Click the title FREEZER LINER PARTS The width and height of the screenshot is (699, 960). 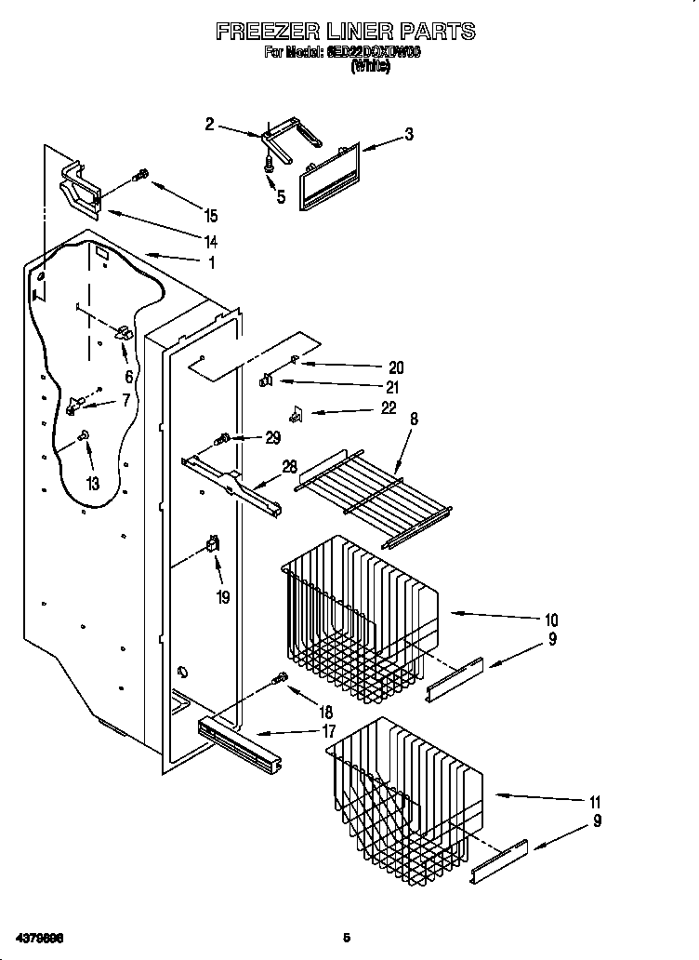(x=346, y=32)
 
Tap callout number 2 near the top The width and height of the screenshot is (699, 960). (x=210, y=124)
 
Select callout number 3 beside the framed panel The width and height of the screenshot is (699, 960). (x=408, y=135)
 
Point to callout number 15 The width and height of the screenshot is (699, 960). (x=211, y=217)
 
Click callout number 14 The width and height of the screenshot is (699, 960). (x=211, y=241)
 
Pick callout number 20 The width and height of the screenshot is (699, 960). (x=397, y=367)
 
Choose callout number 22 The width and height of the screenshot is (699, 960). (x=389, y=407)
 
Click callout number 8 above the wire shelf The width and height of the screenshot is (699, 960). (x=414, y=420)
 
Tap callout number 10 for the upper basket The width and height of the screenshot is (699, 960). (x=550, y=620)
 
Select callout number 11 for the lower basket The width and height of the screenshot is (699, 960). (x=595, y=802)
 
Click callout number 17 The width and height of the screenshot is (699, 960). (x=329, y=732)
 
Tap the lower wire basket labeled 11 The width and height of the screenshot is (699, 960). (x=404, y=791)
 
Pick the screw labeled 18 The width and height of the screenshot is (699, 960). (x=278, y=681)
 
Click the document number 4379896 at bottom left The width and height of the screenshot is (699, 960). (x=38, y=937)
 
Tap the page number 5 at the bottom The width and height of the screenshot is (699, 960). (x=346, y=937)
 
